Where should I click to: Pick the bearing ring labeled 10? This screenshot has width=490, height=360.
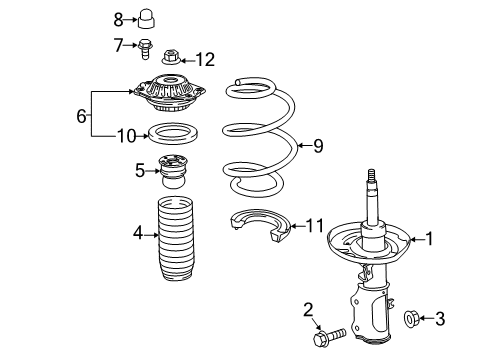coord(169,132)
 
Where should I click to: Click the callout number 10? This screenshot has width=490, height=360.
coord(125,133)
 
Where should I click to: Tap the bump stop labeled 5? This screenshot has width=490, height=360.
coord(174,170)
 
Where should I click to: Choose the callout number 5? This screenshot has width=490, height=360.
coord(139,171)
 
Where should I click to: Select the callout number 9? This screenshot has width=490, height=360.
coord(318,147)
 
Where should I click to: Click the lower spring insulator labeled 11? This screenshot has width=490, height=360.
coord(260,235)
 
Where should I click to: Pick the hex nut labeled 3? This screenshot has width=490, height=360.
coord(410,320)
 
